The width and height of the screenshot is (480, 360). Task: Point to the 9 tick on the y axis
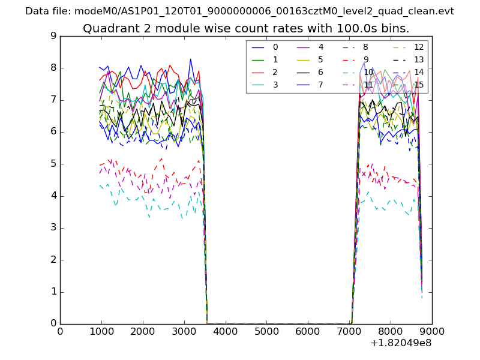coord(53,36)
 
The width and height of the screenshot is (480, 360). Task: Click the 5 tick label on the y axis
coord(53,164)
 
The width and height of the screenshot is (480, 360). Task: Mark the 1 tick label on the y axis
coord(53,292)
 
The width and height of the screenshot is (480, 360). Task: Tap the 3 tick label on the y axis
coord(53,228)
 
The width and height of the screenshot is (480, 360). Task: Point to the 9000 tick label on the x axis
coord(431,331)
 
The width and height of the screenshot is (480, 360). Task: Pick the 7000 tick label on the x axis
coord(349,331)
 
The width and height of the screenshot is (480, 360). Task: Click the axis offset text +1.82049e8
coord(401,343)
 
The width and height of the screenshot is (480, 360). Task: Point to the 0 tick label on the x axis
coord(60,331)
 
